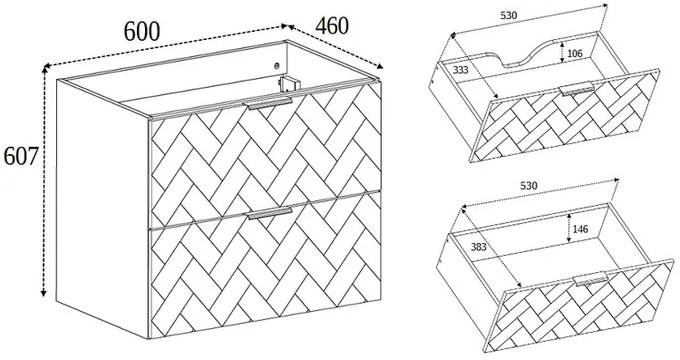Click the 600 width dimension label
(x=142, y=31)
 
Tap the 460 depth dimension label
(x=331, y=25)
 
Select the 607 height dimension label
(x=21, y=156)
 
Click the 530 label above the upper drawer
(x=509, y=15)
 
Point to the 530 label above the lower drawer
(x=529, y=186)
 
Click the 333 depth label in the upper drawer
(x=461, y=70)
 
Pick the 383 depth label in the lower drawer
(x=479, y=248)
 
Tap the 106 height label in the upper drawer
(x=575, y=54)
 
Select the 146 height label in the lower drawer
(x=580, y=229)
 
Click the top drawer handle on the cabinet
(x=270, y=103)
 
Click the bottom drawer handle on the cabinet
(x=270, y=213)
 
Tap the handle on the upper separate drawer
(x=578, y=88)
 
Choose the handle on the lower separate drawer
(x=591, y=279)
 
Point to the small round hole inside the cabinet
(x=277, y=66)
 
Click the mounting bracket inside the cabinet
(x=287, y=83)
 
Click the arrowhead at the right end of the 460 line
(x=380, y=66)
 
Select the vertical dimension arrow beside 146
(x=568, y=229)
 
